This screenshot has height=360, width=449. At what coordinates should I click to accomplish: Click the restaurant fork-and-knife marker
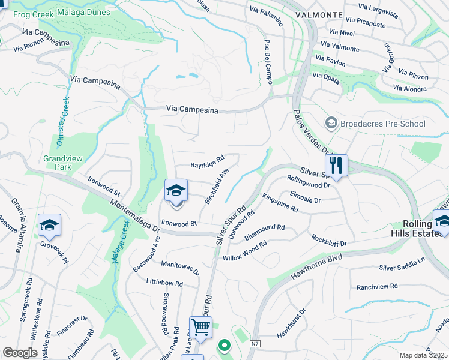tap(336, 165)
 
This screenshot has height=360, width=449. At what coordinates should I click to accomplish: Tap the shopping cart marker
tap(200, 328)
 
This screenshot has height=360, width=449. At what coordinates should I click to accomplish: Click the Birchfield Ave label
tap(217, 186)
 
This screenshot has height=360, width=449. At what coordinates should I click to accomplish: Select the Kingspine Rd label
tap(280, 203)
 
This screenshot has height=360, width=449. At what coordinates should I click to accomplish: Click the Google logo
tap(20, 353)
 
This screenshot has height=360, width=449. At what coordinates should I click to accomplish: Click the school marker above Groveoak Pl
tap(49, 225)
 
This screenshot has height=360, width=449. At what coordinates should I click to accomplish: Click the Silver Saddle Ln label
tap(402, 264)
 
